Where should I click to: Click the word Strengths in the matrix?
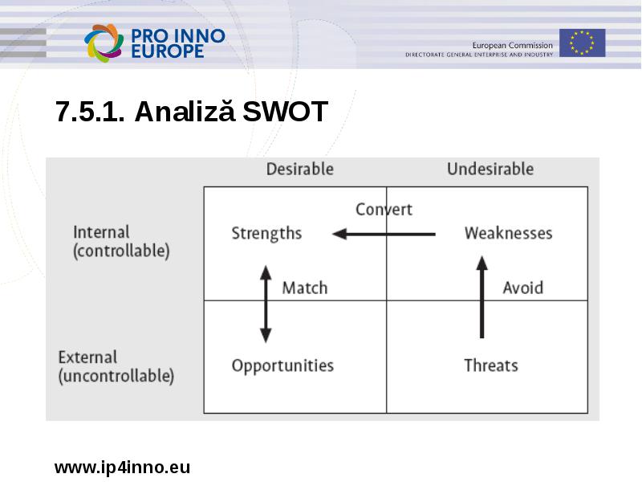pos(266,233)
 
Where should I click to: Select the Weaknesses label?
pos(509,233)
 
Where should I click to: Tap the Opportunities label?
pos(282,366)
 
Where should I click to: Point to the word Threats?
pos(491,366)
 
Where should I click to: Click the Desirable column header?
pos(299,169)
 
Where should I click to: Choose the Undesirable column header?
pos(490,169)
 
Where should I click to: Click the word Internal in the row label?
pos(101,232)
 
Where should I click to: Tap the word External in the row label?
pos(87,357)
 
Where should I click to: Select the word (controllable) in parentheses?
pos(121,251)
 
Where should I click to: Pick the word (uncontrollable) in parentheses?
pos(116,376)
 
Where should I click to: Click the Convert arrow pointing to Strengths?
pos(384,234)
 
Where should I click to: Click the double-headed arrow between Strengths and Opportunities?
pos(266,304)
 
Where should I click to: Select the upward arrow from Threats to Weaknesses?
pos(482,297)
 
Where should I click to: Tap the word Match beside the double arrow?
pos(305,288)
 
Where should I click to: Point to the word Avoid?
pos(523,288)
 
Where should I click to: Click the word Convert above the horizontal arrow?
pos(384,210)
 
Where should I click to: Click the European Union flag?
pos(583,43)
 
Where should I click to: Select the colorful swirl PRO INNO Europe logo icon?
pos(104,43)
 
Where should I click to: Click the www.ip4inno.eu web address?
pos(122,468)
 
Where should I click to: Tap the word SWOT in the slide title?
pos(285,111)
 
